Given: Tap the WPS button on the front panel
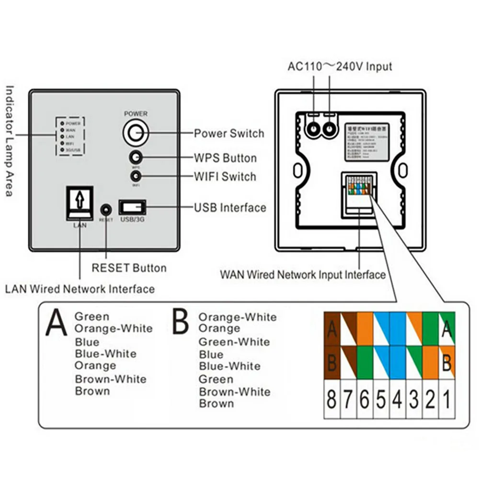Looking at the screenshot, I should click(x=136, y=158).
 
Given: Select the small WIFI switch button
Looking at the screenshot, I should click(x=136, y=177).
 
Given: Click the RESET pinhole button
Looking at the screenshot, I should click(x=106, y=209).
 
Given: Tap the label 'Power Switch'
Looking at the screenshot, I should click(x=229, y=133).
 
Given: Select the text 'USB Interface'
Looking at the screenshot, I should click(x=230, y=207).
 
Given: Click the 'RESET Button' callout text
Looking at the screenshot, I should click(x=129, y=268).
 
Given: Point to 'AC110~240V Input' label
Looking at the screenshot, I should click(x=340, y=66).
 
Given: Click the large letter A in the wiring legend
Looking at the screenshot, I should click(x=57, y=323).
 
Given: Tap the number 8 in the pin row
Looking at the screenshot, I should click(x=331, y=399).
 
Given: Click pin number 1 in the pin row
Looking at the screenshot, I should click(x=447, y=399).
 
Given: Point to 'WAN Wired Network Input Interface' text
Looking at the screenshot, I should click(x=303, y=275).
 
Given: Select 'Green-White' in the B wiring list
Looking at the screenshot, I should click(x=234, y=342).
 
